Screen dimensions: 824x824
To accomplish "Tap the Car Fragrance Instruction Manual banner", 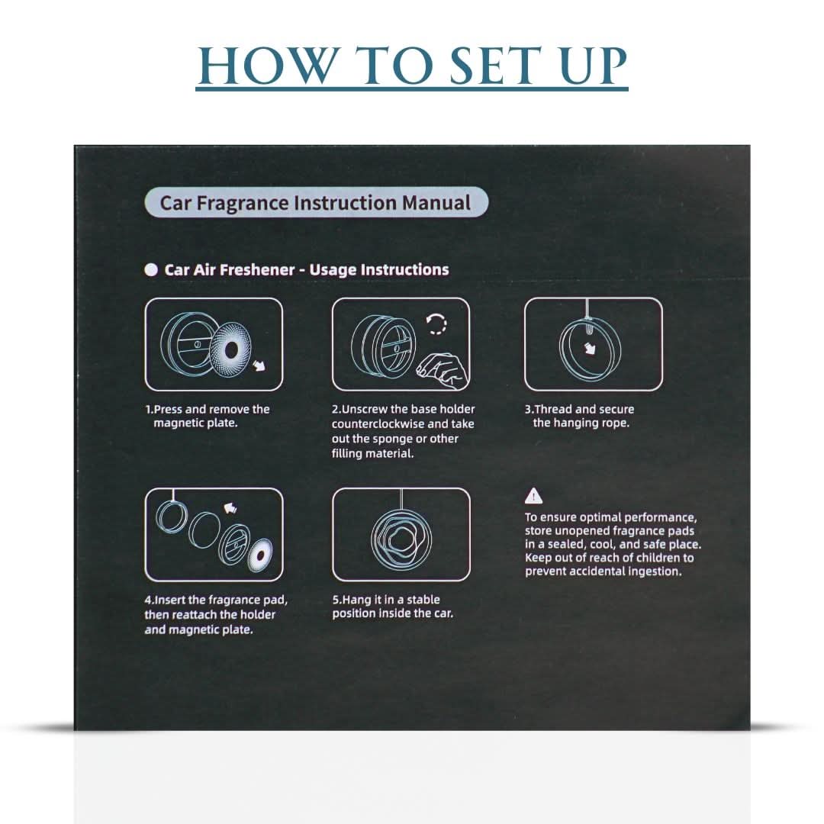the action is pyautogui.click(x=316, y=202).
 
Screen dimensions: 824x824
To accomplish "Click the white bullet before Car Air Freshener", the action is pyautogui.click(x=151, y=269).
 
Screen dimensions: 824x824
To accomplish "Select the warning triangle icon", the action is pyautogui.click(x=533, y=496).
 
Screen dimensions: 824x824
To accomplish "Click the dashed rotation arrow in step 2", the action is pyautogui.click(x=436, y=323).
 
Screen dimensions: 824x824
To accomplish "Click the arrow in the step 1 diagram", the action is pyautogui.click(x=259, y=365).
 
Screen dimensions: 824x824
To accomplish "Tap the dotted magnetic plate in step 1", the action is pyautogui.click(x=230, y=348).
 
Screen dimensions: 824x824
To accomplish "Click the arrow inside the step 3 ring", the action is pyautogui.click(x=591, y=348).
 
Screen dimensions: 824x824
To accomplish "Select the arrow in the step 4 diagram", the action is pyautogui.click(x=230, y=507).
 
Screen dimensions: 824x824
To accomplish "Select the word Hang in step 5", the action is pyautogui.click(x=356, y=600).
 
